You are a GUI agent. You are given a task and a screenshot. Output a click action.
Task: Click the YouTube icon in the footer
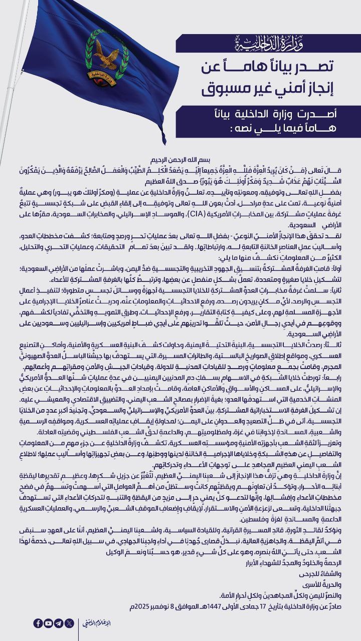(x=49, y=623)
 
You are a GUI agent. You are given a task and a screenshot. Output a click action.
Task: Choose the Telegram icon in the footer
(x=59, y=623)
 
